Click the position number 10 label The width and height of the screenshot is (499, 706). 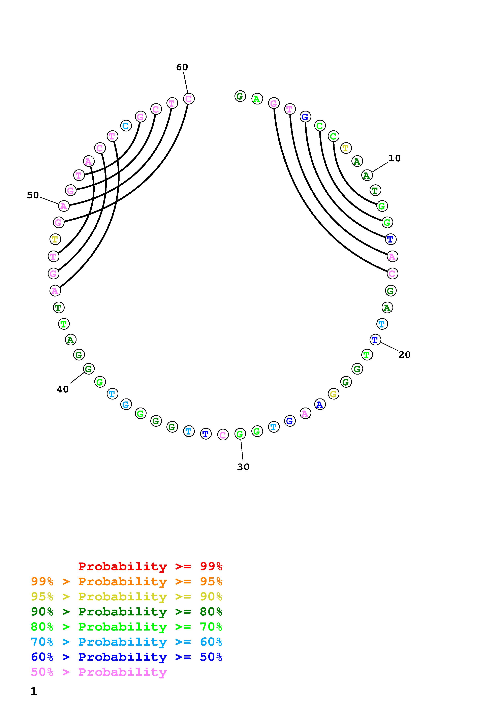click(395, 158)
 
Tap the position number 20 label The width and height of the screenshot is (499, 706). click(404, 355)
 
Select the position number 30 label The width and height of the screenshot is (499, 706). click(243, 467)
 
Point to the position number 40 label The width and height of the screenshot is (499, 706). click(63, 390)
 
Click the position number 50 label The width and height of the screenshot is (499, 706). click(33, 195)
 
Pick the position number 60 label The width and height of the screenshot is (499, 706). click(182, 67)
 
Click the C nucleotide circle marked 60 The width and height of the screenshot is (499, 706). click(189, 99)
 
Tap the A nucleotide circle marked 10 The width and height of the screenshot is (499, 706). click(367, 175)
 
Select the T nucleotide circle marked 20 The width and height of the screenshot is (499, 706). click(375, 340)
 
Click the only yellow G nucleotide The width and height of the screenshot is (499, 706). click(334, 394)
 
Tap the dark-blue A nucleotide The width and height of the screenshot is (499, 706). click(320, 405)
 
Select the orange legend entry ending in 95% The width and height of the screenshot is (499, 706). click(127, 581)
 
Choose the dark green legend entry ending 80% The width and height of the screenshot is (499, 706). click(127, 612)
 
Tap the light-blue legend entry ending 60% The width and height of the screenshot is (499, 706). click(127, 642)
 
